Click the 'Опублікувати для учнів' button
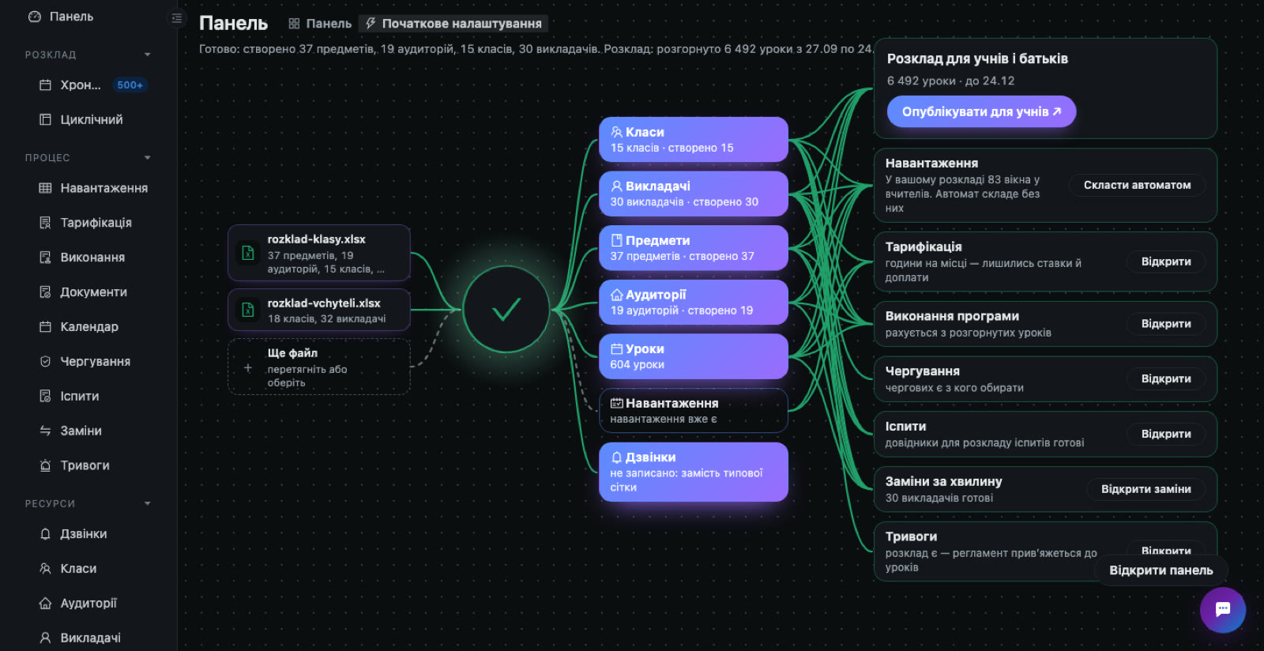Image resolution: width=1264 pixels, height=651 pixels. [981, 111]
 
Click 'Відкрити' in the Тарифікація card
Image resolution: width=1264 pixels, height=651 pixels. [1166, 262]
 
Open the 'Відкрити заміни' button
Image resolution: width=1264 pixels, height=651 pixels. [1146, 489]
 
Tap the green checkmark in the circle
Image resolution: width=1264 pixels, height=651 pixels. [506, 310]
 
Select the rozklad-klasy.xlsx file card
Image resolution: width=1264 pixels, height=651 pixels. [319, 254]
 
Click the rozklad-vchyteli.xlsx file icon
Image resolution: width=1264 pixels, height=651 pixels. [248, 310]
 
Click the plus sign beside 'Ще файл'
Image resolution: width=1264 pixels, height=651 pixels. [248, 368]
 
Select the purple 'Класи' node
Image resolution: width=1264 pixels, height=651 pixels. [694, 139]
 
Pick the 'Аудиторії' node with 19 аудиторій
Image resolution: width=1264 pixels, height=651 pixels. [694, 302]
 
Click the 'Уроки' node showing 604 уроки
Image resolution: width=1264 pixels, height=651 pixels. [694, 356]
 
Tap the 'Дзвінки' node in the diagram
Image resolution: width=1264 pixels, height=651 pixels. [694, 472]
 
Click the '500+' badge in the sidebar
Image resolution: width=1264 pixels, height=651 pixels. [130, 85]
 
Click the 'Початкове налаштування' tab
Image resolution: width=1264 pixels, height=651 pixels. [453, 24]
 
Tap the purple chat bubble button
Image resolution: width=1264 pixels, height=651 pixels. [1223, 610]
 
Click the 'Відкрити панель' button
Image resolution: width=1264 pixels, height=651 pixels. [1161, 570]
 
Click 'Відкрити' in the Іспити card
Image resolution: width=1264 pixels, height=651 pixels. [1166, 434]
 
